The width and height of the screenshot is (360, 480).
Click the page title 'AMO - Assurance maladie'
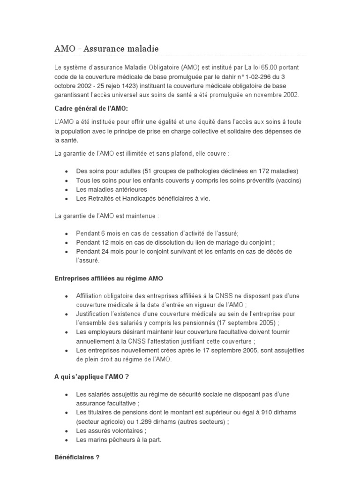[x=106, y=48]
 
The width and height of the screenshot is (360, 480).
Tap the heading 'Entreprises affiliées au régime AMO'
[x=109, y=278]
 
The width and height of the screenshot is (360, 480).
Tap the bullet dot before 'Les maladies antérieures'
[x=68, y=190]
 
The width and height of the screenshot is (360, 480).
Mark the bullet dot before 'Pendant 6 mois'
[x=68, y=233]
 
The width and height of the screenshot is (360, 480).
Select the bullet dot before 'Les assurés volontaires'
[x=68, y=431]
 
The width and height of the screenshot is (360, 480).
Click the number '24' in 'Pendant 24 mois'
[x=106, y=252]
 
